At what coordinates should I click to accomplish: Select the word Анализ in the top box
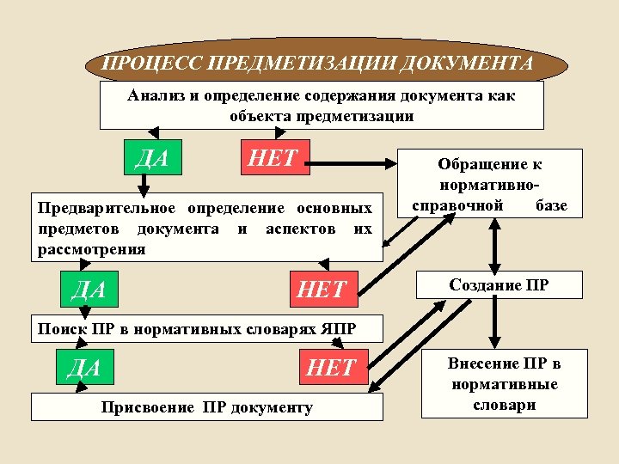(154, 95)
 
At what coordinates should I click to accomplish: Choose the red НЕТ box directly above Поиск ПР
(321, 290)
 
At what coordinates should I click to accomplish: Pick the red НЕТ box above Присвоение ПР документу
(332, 368)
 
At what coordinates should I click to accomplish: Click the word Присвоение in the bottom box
(143, 406)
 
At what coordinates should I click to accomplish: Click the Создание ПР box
(499, 285)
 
